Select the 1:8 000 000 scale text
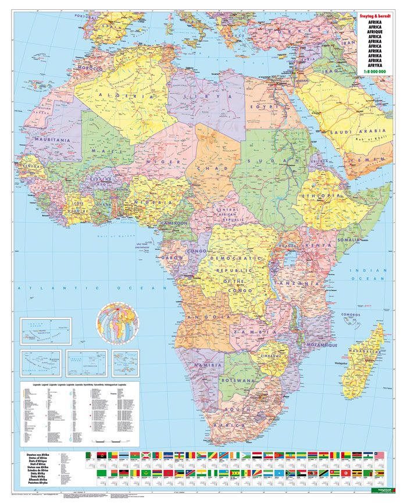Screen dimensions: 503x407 379,72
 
